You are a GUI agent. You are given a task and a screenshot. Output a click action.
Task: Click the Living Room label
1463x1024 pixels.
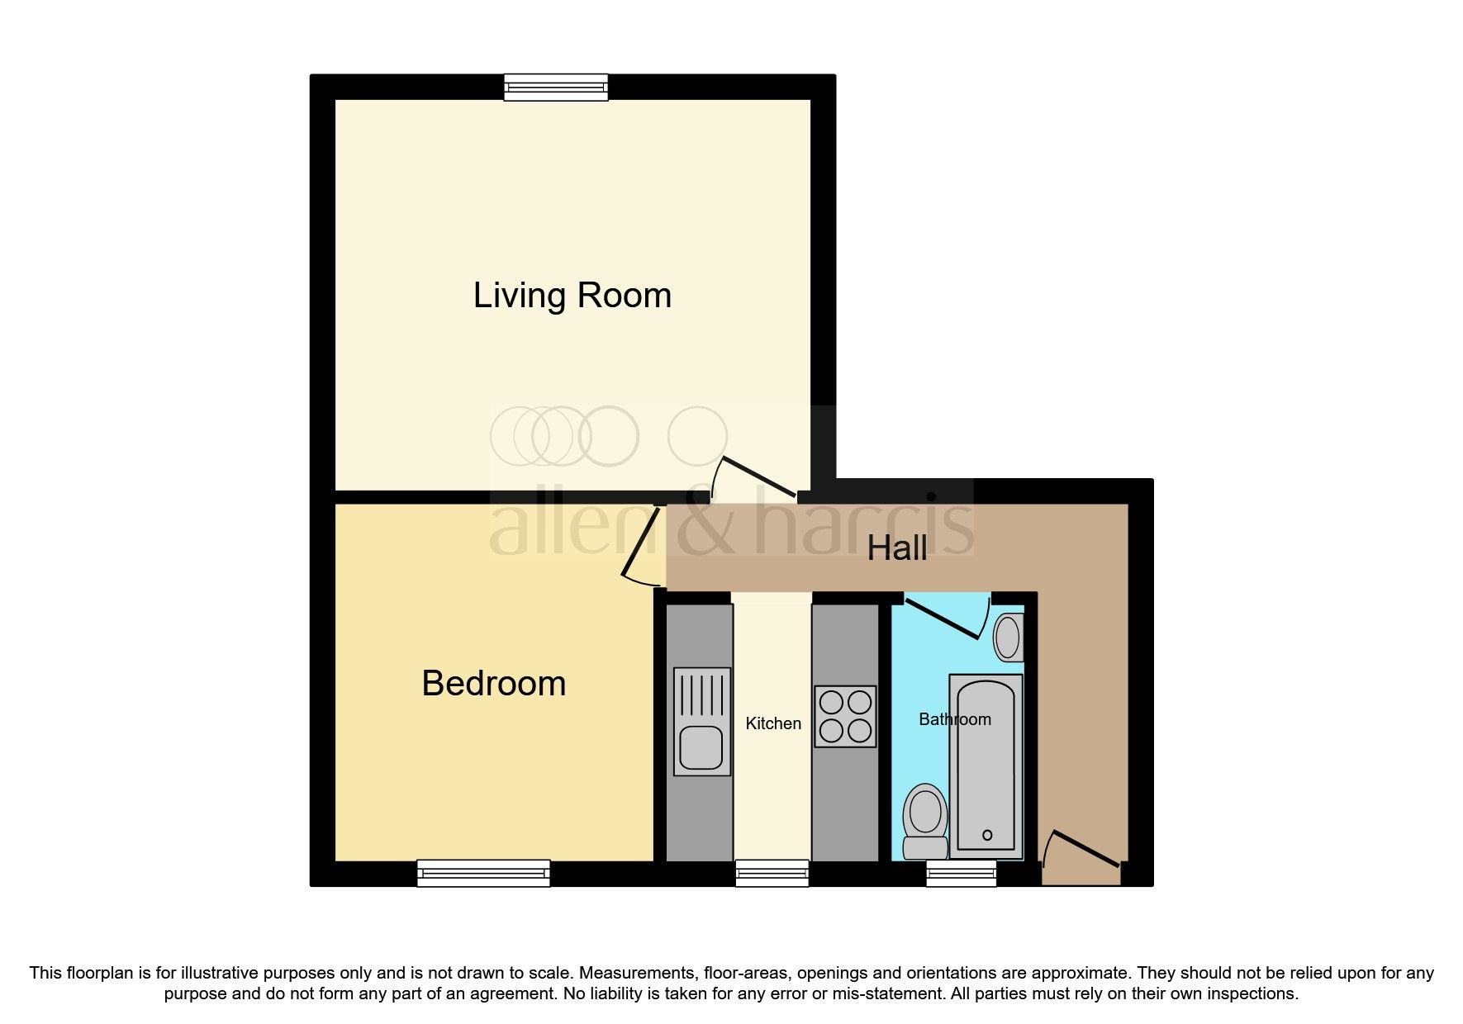click(572, 296)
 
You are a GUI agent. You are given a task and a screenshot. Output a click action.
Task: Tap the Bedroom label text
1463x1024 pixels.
click(493, 684)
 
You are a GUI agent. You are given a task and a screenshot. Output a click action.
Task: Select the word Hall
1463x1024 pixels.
click(896, 548)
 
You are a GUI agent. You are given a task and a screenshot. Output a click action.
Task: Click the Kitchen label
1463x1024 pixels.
click(773, 723)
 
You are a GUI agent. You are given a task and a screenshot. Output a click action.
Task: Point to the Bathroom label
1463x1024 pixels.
click(954, 719)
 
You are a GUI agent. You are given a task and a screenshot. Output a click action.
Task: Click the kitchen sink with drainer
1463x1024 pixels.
click(701, 722)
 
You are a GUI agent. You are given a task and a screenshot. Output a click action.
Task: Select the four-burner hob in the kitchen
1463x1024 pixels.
click(845, 716)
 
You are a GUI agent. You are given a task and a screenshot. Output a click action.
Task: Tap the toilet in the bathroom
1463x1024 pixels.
click(925, 821)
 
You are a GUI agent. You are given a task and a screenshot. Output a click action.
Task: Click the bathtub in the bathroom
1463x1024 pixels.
click(986, 766)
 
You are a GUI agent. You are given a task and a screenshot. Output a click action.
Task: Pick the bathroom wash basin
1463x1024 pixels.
click(1008, 638)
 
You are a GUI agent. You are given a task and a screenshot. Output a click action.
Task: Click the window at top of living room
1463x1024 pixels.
click(556, 87)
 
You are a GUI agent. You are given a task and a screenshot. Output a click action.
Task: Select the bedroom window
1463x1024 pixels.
click(483, 873)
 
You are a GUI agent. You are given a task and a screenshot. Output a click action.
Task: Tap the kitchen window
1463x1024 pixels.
click(772, 873)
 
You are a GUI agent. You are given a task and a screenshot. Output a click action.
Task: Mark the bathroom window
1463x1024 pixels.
click(961, 873)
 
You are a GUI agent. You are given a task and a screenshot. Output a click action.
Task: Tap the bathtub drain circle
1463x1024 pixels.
click(987, 835)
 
